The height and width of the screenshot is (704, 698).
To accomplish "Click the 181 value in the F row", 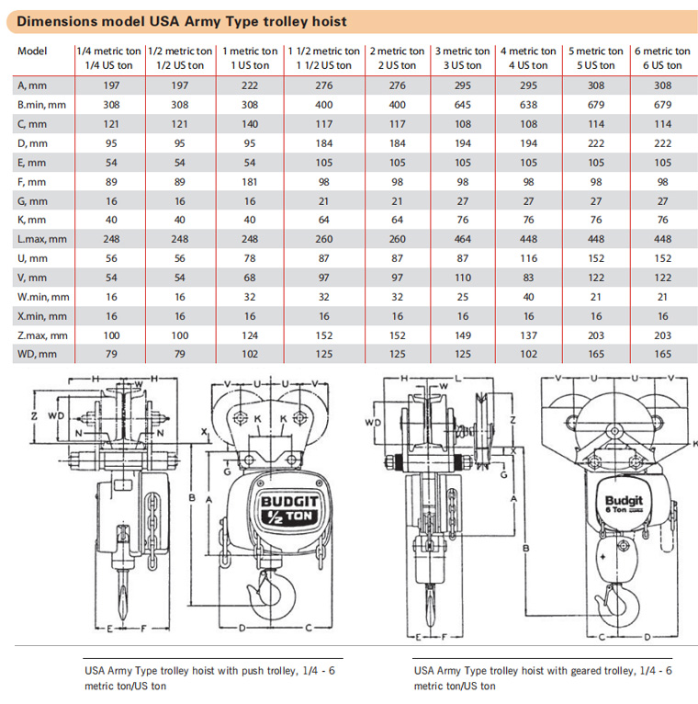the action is [x=250, y=182].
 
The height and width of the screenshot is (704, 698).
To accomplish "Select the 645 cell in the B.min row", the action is [x=463, y=105].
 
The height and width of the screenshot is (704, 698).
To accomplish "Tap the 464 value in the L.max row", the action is [x=463, y=239].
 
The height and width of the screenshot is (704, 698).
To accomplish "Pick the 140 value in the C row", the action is [x=250, y=124].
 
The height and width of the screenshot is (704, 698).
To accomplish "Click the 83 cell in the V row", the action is [x=528, y=278].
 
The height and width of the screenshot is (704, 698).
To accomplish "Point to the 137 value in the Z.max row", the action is [x=528, y=335].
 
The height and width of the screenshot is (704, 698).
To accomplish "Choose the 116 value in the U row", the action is [x=528, y=258].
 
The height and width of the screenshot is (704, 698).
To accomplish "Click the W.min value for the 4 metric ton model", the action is [x=528, y=297].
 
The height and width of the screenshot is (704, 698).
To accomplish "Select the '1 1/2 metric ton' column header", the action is [x=324, y=51].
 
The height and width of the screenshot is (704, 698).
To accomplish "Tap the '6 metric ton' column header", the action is [x=662, y=51].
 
